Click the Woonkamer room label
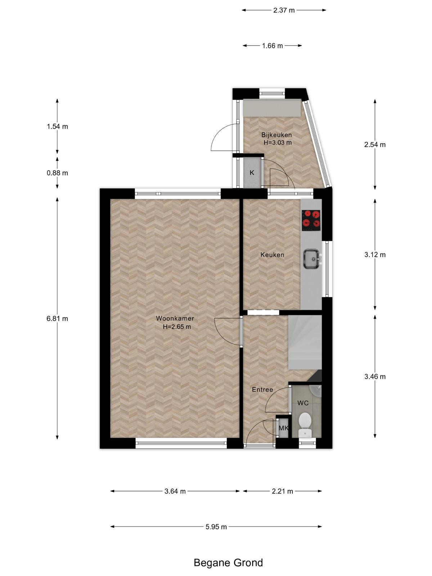point(175,318)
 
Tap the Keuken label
point(272,255)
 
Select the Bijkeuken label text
point(276,135)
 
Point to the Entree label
point(262,390)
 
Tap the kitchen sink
point(312,259)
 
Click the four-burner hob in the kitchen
point(311,220)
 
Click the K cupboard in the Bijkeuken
point(252,173)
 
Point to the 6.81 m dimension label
point(57,319)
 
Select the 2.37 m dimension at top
point(284,10)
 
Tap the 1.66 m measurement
point(273,46)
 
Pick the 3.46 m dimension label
point(375,377)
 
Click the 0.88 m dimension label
point(57,173)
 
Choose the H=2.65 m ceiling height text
point(177,327)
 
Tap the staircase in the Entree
point(305,343)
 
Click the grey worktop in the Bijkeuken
point(272,108)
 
